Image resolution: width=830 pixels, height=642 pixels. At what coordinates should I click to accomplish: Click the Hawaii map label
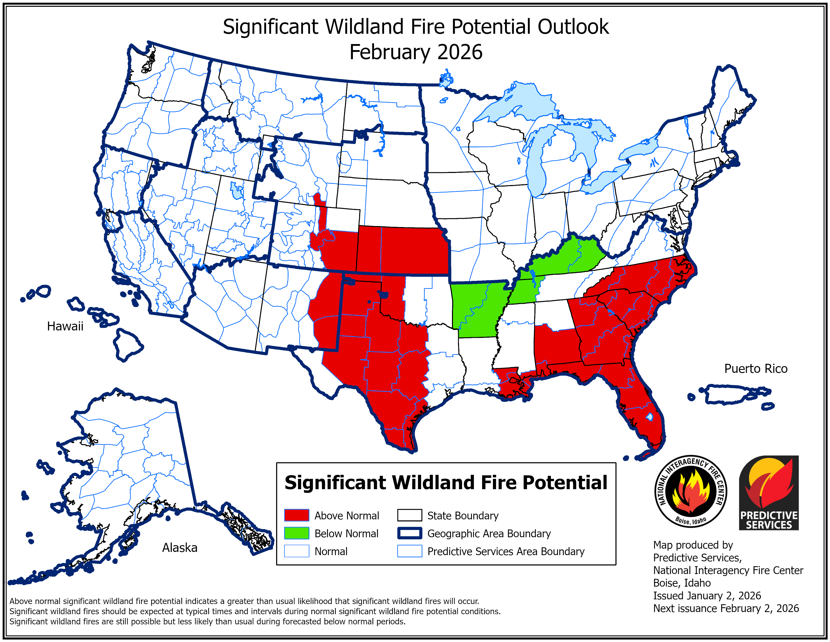[65, 326]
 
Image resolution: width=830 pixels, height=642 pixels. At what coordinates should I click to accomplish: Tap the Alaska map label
[180, 548]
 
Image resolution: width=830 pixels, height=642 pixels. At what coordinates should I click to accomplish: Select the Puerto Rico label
[756, 369]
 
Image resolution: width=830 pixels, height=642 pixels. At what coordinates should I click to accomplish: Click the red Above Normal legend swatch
[297, 515]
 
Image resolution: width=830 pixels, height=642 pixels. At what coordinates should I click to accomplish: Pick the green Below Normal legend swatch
[297, 533]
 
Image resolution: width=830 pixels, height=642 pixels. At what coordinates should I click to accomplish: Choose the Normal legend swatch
[297, 551]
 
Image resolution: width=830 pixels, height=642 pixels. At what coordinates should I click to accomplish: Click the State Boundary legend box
[409, 515]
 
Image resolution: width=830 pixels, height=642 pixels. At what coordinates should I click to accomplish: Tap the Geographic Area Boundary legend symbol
[409, 533]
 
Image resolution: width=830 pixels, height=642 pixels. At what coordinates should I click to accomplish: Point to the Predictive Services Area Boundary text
[506, 551]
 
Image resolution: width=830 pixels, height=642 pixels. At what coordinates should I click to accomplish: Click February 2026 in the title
[416, 52]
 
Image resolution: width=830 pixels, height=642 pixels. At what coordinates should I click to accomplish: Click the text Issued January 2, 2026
[707, 596]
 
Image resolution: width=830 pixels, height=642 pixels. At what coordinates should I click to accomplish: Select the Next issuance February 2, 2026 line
[726, 609]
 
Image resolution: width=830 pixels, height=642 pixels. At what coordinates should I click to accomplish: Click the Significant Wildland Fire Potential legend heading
[446, 483]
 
